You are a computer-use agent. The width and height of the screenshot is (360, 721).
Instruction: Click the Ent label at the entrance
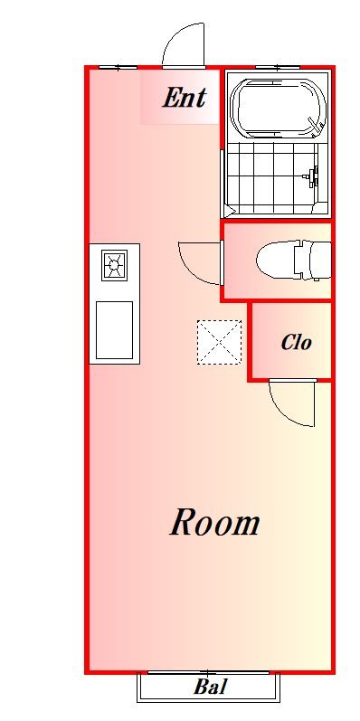click(184, 98)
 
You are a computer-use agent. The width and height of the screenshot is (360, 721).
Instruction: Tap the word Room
click(214, 522)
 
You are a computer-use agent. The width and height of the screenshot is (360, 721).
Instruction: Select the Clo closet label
click(297, 342)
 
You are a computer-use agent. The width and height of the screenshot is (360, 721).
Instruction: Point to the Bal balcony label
click(210, 687)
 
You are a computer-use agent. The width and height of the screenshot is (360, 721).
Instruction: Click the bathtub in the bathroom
click(279, 109)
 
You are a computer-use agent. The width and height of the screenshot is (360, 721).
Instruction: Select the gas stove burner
click(115, 265)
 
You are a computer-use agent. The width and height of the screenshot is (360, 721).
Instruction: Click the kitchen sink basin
click(114, 329)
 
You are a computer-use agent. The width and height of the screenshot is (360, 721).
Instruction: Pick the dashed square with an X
click(219, 343)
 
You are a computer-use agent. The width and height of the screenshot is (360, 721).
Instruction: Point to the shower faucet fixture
click(314, 176)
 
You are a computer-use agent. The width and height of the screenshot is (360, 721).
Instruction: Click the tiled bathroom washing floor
click(272, 178)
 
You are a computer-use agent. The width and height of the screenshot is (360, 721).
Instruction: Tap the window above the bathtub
click(278, 68)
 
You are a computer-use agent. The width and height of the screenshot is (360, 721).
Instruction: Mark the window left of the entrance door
click(118, 68)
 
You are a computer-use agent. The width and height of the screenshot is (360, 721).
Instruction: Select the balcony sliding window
click(208, 673)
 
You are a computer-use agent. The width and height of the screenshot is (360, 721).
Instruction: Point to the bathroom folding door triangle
click(230, 211)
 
